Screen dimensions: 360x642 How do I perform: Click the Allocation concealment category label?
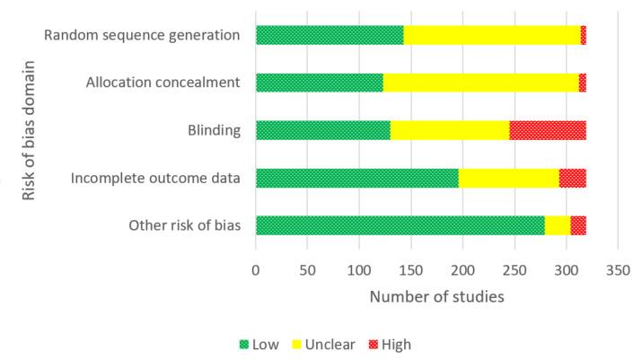(163, 83)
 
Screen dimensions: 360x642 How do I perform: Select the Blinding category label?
(219, 131)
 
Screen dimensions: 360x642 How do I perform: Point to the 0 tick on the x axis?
(256, 268)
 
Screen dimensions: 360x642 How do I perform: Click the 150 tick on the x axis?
(411, 268)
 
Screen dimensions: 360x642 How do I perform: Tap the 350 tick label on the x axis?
(618, 268)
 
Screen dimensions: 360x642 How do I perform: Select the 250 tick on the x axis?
(514, 268)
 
